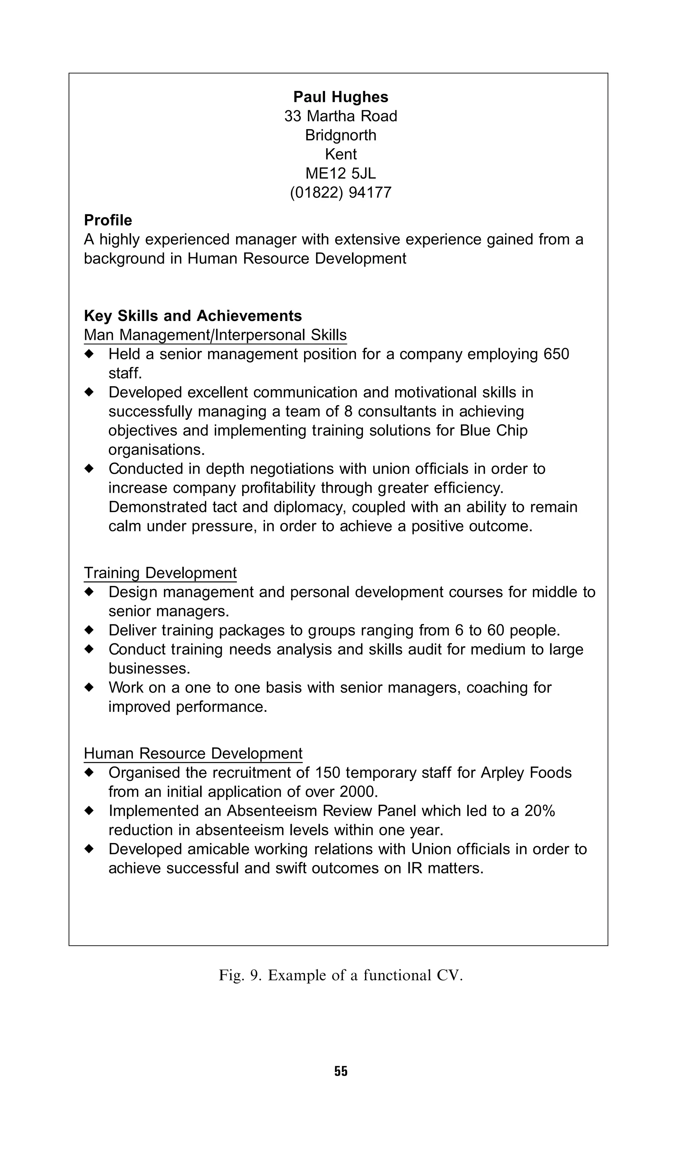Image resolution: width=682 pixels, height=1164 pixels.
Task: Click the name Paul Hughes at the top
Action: coord(341,97)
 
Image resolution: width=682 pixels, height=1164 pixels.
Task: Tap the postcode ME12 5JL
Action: coord(341,173)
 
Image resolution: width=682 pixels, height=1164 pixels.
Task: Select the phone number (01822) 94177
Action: coord(341,192)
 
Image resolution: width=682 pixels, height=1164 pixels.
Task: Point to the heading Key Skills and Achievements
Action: coord(193,316)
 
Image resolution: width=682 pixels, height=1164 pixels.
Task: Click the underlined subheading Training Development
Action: coord(160,573)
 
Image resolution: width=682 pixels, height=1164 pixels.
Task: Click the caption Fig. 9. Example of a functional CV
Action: coord(341,975)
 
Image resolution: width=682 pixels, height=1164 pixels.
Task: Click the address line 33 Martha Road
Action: coord(341,116)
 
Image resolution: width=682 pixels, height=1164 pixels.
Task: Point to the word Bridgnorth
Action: coord(341,135)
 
